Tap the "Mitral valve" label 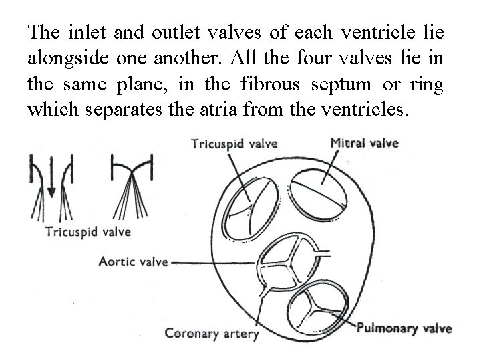point(364,143)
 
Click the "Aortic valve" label point(134,262)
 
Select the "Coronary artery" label point(211,332)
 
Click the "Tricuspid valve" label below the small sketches point(88,232)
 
